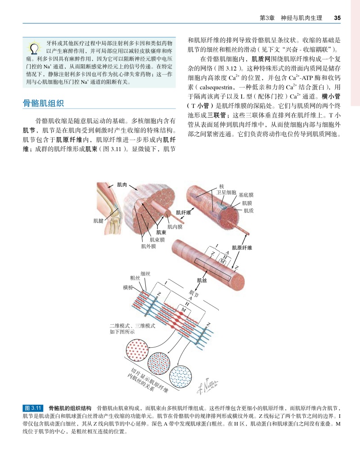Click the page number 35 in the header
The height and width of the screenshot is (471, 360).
337,18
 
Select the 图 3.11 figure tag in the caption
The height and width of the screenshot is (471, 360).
33,408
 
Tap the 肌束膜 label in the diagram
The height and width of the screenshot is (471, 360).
157,240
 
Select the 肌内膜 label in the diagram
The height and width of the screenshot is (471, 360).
175,227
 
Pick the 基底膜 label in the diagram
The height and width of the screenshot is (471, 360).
246,195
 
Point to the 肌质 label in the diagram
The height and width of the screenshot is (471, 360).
248,210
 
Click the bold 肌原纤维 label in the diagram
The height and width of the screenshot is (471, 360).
242,247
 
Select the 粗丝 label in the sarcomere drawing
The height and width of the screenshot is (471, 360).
135,278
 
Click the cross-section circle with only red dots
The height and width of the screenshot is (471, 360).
136,350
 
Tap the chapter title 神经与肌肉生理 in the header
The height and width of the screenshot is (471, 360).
301,18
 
